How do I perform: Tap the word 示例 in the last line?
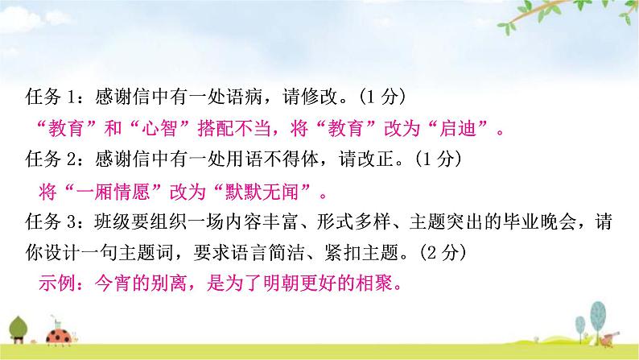point(57,285)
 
